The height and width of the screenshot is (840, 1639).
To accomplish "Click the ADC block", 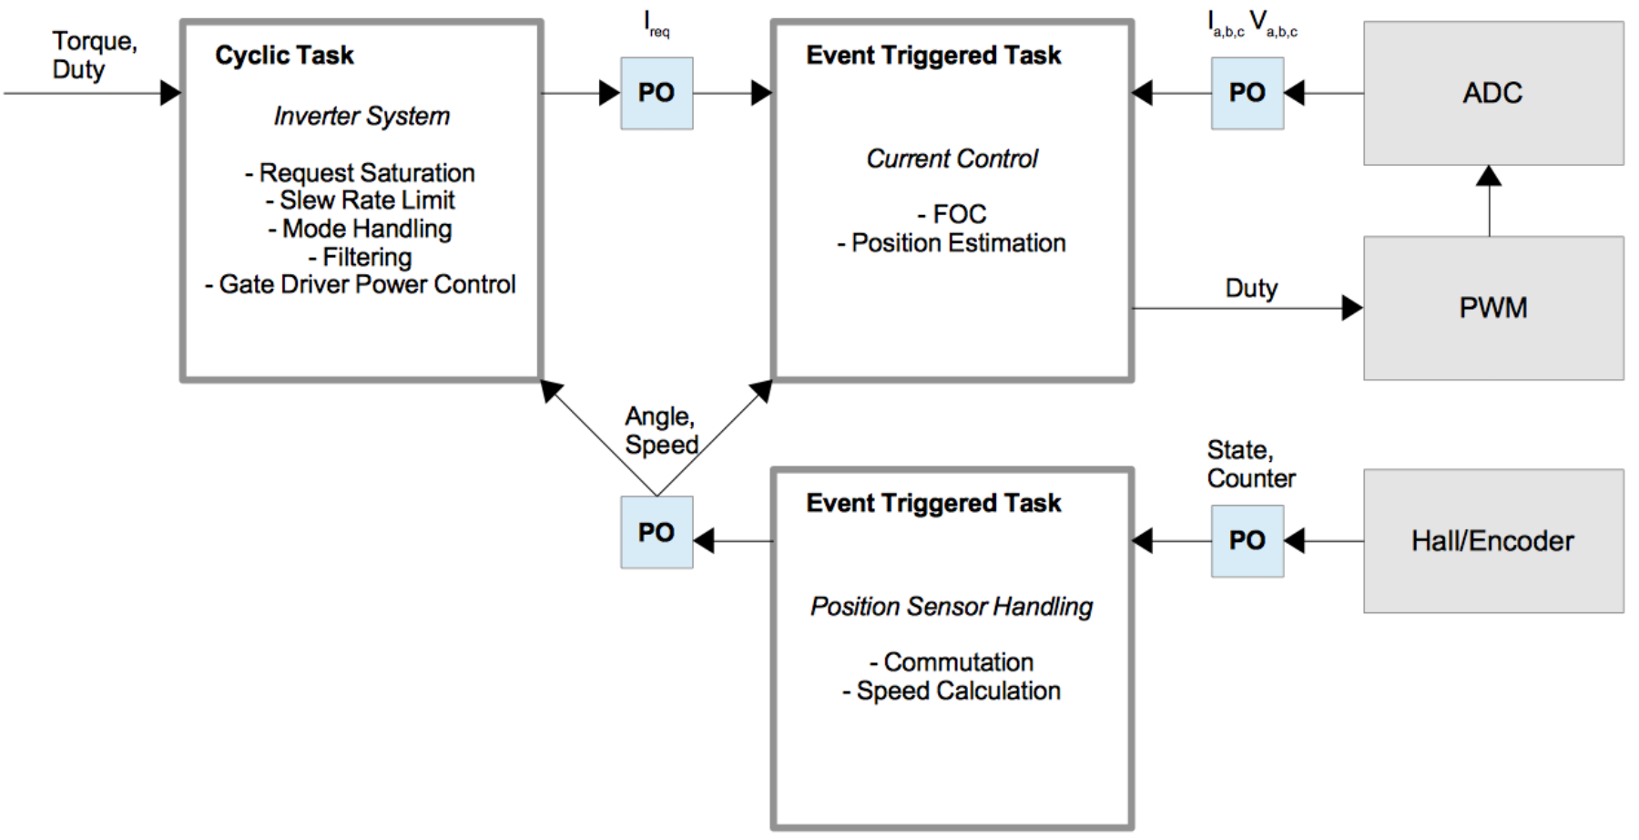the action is tap(1493, 93).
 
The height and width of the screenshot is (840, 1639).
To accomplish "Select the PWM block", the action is tap(1493, 308).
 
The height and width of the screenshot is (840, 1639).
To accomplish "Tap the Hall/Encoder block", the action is tap(1493, 541).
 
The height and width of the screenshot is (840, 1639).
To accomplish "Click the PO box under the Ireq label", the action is tap(657, 93).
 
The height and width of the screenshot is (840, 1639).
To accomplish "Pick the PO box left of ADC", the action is tap(1247, 93).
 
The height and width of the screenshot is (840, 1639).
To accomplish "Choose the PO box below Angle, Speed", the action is tap(657, 532).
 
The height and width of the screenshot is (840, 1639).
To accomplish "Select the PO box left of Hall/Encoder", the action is tap(1247, 541).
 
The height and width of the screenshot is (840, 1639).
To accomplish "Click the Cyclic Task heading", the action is tap(284, 56).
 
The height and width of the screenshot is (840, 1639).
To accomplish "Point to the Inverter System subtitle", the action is tap(361, 117).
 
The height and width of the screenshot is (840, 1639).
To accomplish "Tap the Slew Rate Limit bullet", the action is tap(361, 200).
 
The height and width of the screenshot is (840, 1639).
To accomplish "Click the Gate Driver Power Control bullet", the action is tap(361, 284).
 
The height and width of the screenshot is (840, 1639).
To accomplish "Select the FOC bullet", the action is tap(952, 214).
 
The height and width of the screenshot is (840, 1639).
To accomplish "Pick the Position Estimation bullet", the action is tap(952, 243).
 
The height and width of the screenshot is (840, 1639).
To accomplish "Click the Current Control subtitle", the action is tap(952, 159).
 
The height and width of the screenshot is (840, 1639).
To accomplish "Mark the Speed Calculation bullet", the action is tap(952, 691).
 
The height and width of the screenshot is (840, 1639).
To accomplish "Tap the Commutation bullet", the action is tap(952, 662).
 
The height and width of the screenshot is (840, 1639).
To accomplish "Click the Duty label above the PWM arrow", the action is tap(1251, 289).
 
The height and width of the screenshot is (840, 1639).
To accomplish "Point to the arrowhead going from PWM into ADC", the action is tap(1489, 176).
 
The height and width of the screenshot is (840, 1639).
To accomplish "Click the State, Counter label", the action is tap(1251, 464).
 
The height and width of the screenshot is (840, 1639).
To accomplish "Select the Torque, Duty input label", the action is tap(95, 56).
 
